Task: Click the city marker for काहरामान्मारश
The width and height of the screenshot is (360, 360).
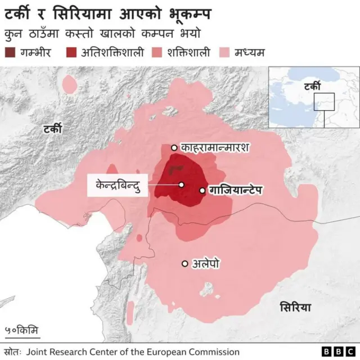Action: coord(174,147)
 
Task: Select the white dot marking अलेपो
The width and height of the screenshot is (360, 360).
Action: coord(184,263)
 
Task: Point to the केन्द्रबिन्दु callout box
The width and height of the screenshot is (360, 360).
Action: coord(118,185)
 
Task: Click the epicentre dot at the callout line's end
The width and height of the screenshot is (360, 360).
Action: coord(182,184)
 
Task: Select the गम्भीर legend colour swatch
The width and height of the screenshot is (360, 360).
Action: coord(10,53)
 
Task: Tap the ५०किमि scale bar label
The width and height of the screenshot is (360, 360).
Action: coord(21,330)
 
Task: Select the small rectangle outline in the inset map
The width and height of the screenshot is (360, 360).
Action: coord(324,102)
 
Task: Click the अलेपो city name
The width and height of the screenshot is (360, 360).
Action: coord(206,263)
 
